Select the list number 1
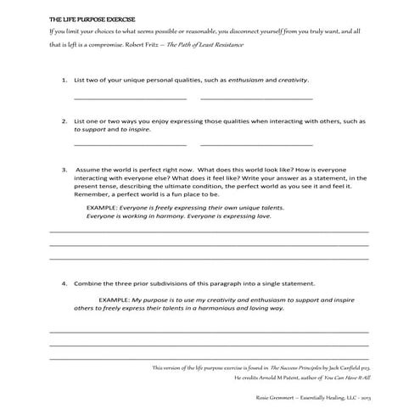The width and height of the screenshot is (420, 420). (64, 80)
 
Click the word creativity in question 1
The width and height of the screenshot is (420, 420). (289, 80)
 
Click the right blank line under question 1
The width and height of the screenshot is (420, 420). (253, 98)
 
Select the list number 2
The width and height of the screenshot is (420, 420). (64, 121)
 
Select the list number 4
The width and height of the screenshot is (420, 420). (64, 283)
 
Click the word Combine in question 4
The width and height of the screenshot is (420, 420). (90, 283)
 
